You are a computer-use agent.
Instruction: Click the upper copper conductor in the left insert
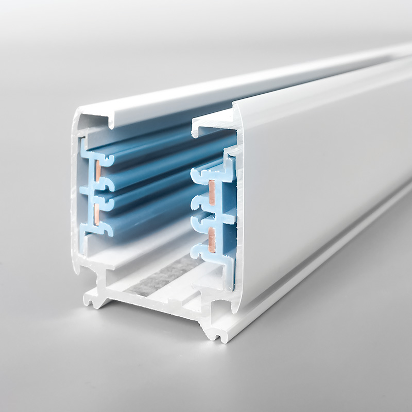[x=96, y=170]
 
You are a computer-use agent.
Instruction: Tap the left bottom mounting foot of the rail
[x=93, y=299]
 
